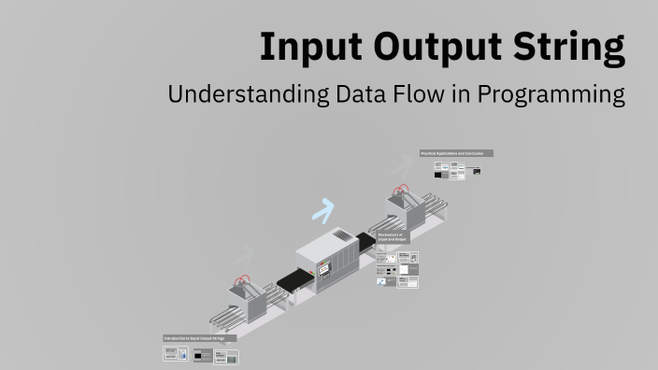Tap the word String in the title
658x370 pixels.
(x=570, y=47)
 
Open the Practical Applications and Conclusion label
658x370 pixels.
(x=456, y=153)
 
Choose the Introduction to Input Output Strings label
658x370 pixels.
(x=200, y=337)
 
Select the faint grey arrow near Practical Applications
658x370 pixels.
(x=403, y=166)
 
